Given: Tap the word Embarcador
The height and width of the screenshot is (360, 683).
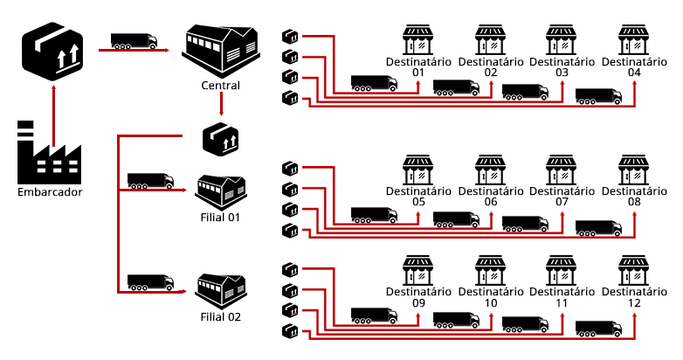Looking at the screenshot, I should [50, 192].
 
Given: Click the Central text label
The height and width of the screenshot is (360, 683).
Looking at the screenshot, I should [221, 86].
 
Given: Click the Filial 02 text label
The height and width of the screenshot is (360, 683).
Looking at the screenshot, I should [221, 316].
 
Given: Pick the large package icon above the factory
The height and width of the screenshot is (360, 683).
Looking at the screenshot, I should [53, 50].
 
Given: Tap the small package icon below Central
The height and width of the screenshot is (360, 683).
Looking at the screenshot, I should [220, 139].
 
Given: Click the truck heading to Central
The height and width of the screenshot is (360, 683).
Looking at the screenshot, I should [134, 40].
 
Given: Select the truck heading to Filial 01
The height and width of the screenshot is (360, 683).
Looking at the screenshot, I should [150, 181].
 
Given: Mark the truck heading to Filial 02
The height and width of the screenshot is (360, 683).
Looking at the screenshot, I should [150, 282].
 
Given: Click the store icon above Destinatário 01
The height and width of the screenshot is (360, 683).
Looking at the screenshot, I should [418, 40].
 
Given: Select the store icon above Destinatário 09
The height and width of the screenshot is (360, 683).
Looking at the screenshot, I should [418, 269].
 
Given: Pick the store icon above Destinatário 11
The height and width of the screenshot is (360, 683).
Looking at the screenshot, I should [562, 269].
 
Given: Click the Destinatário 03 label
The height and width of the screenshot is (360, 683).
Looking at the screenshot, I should [562, 67].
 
